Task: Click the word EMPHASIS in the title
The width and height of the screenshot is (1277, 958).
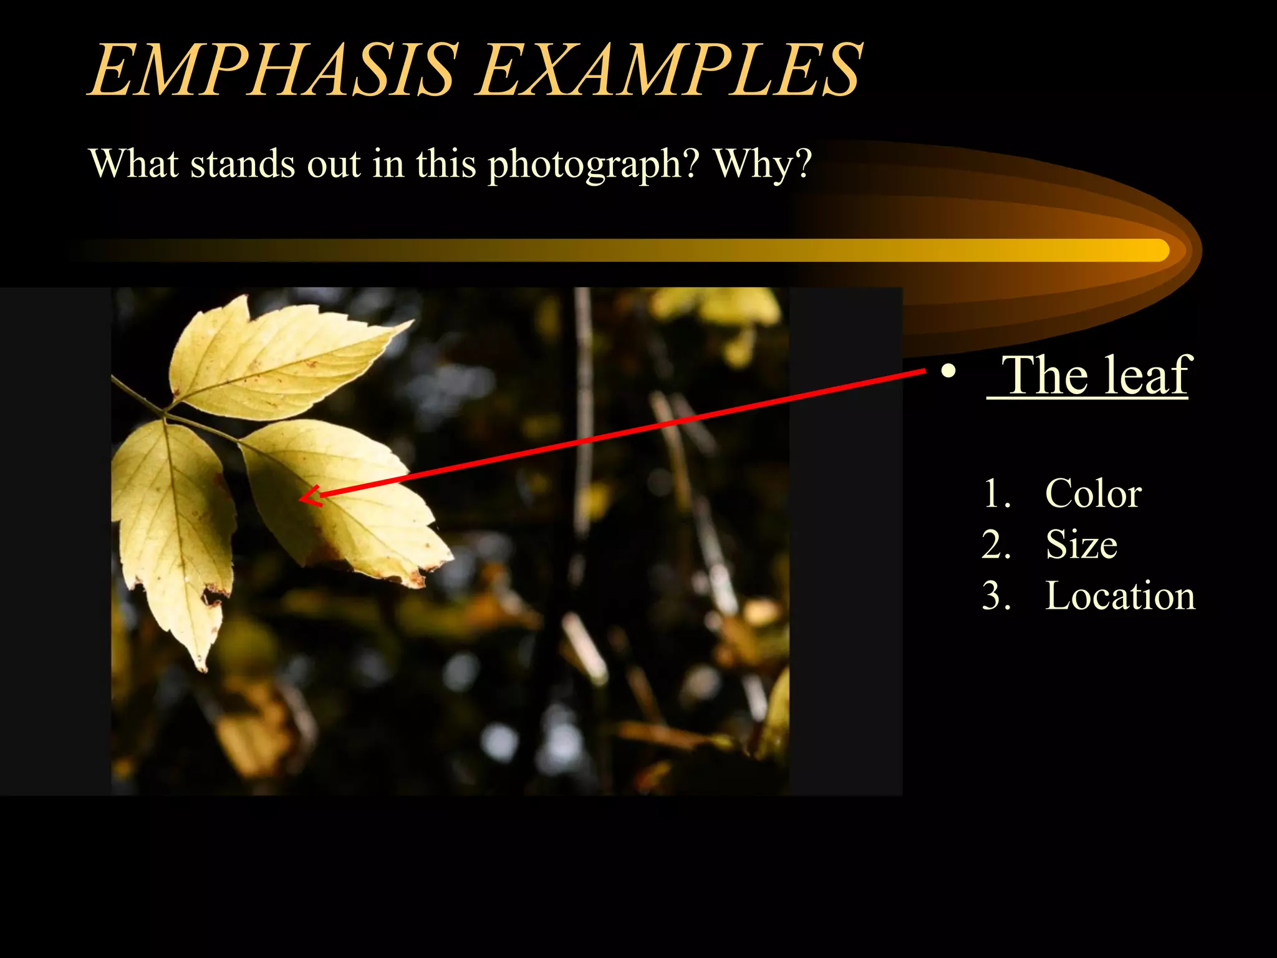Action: pyautogui.click(x=274, y=70)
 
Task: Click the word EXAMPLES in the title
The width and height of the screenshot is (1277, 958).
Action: pyautogui.click(x=670, y=70)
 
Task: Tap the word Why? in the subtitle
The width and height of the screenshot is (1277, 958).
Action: pyautogui.click(x=763, y=163)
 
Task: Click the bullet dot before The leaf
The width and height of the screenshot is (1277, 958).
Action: pyautogui.click(x=948, y=372)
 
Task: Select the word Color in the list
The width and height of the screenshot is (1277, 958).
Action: pyautogui.click(x=1093, y=493)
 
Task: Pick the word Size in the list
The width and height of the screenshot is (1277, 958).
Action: pyautogui.click(x=1081, y=544)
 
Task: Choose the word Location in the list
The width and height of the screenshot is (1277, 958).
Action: pyautogui.click(x=1120, y=596)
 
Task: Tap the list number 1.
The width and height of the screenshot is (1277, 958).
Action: pyautogui.click(x=996, y=493)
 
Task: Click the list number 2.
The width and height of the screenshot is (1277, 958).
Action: pyautogui.click(x=996, y=544)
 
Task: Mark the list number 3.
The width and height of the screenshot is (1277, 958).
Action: pyautogui.click(x=996, y=596)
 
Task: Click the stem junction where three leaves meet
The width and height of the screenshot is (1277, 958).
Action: pyautogui.click(x=165, y=412)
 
